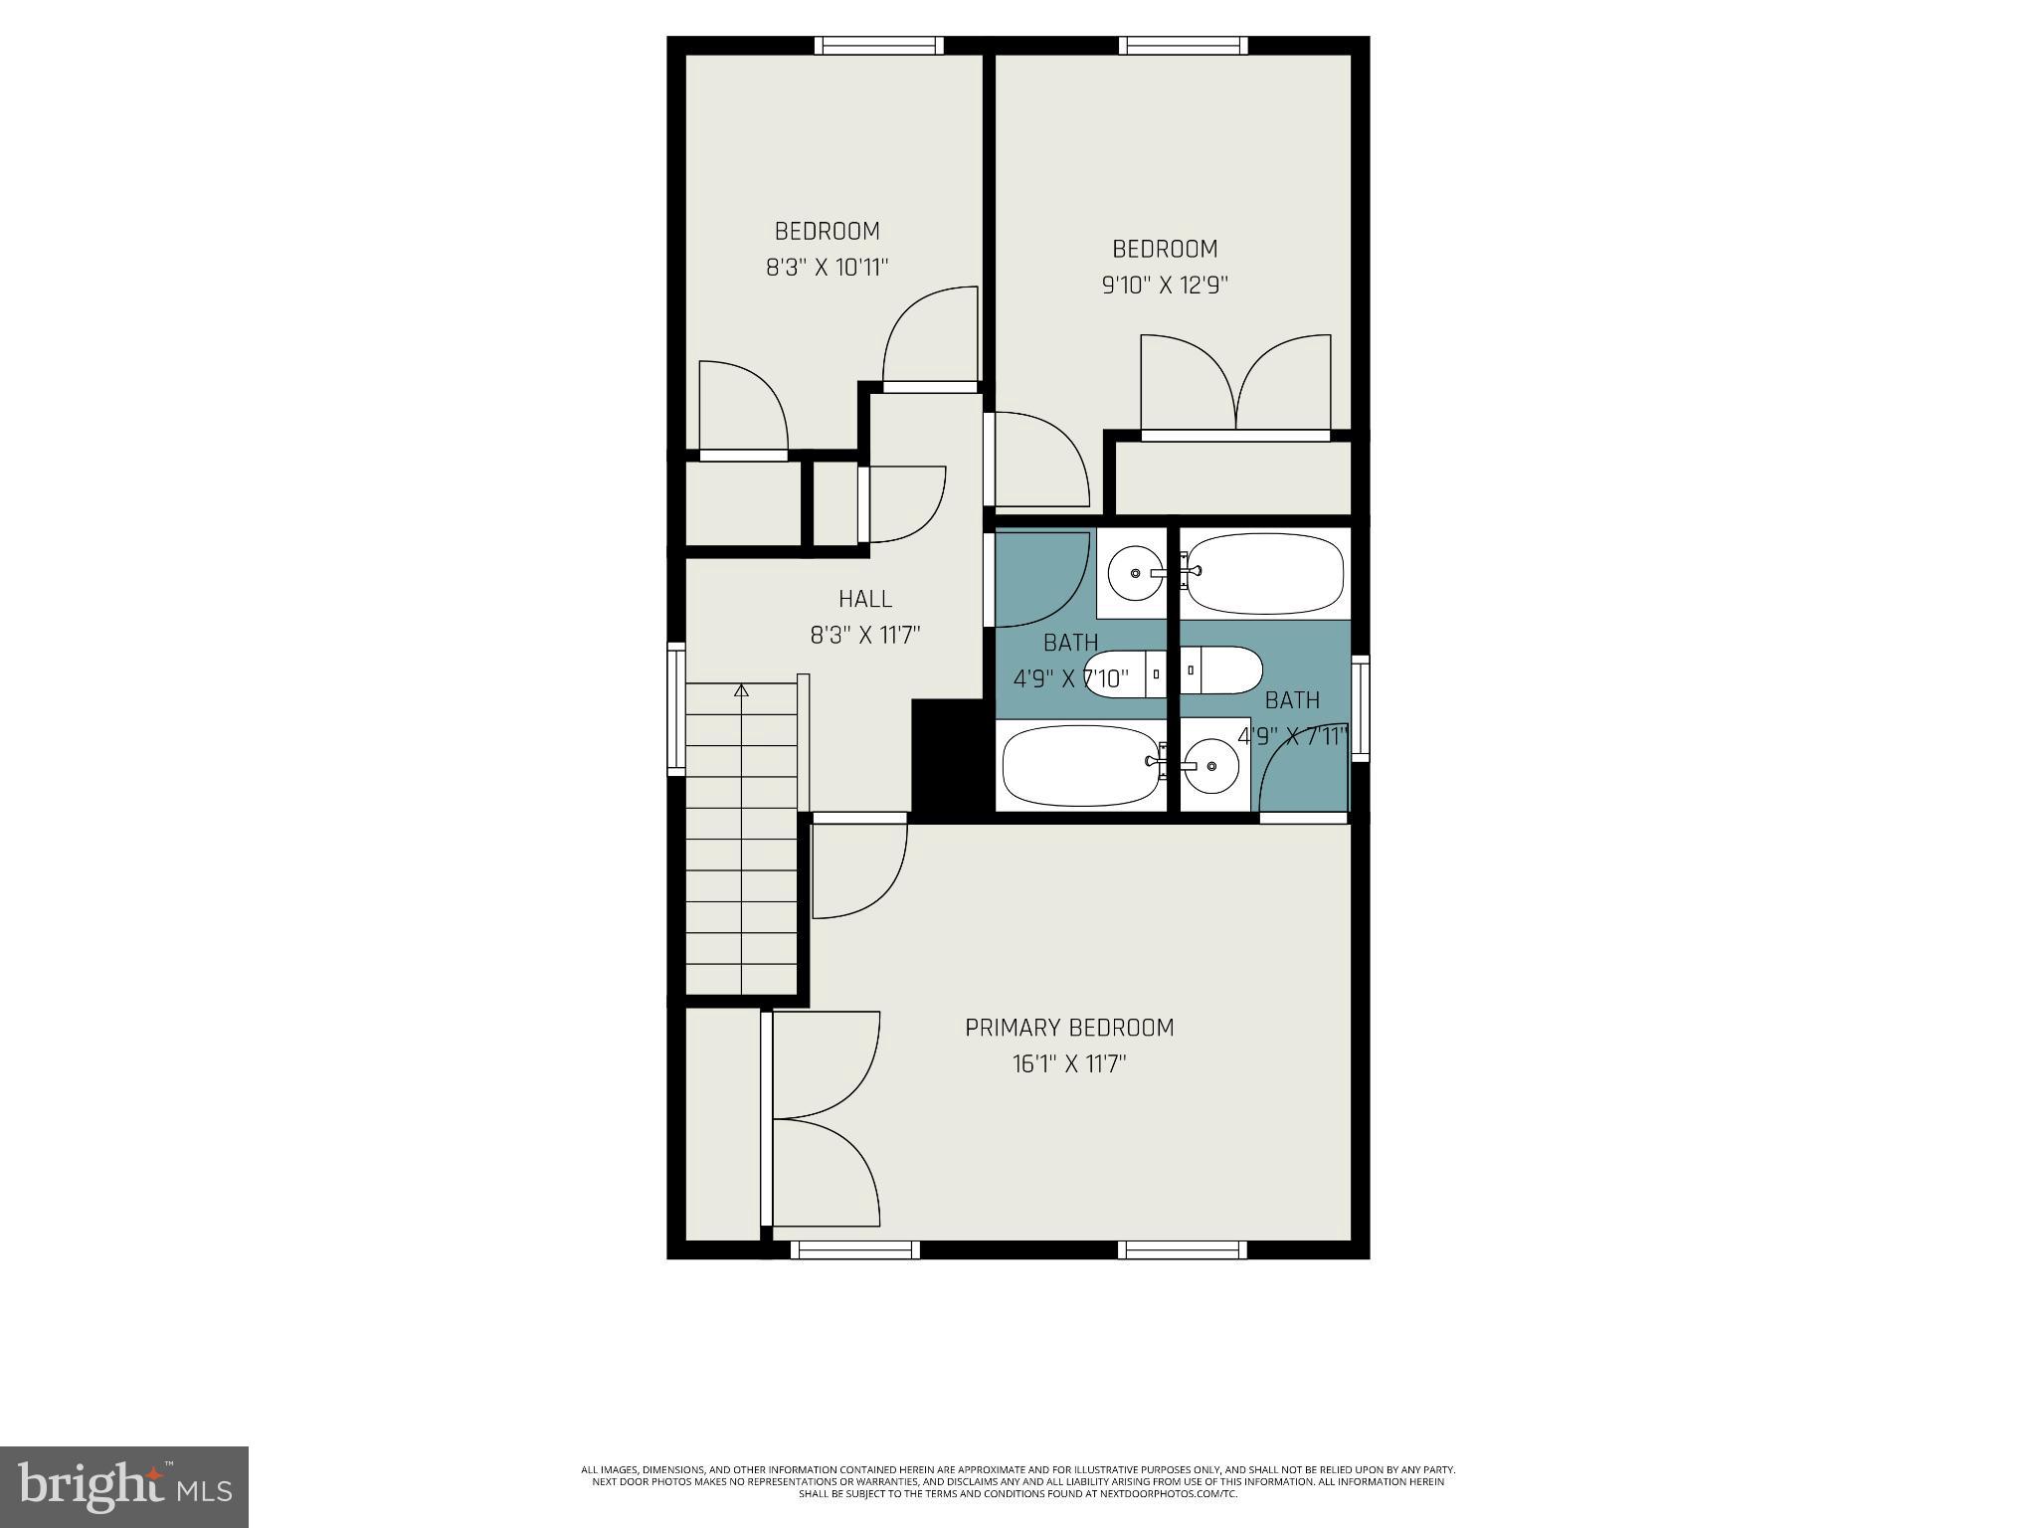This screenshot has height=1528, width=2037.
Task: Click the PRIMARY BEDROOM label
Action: pyautogui.click(x=1069, y=1028)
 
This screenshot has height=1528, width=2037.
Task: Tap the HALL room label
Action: pyautogui.click(x=864, y=599)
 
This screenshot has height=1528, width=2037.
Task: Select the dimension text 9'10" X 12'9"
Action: pyautogui.click(x=1165, y=286)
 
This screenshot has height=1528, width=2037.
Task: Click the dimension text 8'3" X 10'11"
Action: pyautogui.click(x=827, y=268)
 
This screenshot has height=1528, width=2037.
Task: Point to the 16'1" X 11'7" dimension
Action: pyautogui.click(x=1069, y=1064)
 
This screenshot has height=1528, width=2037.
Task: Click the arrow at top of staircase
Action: pyautogui.click(x=741, y=689)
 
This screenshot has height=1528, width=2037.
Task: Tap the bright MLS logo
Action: pyautogui.click(x=124, y=1486)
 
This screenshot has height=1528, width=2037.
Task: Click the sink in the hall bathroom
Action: pyautogui.click(x=1134, y=573)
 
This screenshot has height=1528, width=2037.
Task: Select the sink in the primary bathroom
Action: pyautogui.click(x=1210, y=766)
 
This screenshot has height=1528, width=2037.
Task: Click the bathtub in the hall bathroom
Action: pyautogui.click(x=1081, y=765)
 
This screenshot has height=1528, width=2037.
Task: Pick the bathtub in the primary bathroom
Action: pyautogui.click(x=1265, y=574)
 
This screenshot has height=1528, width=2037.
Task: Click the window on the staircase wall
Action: pyautogui.click(x=676, y=708)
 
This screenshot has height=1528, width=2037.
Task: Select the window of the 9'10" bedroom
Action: pyautogui.click(x=1182, y=45)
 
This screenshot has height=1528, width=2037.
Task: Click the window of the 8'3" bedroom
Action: pyautogui.click(x=878, y=45)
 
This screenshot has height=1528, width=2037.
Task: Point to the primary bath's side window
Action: pyautogui.click(x=1360, y=708)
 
